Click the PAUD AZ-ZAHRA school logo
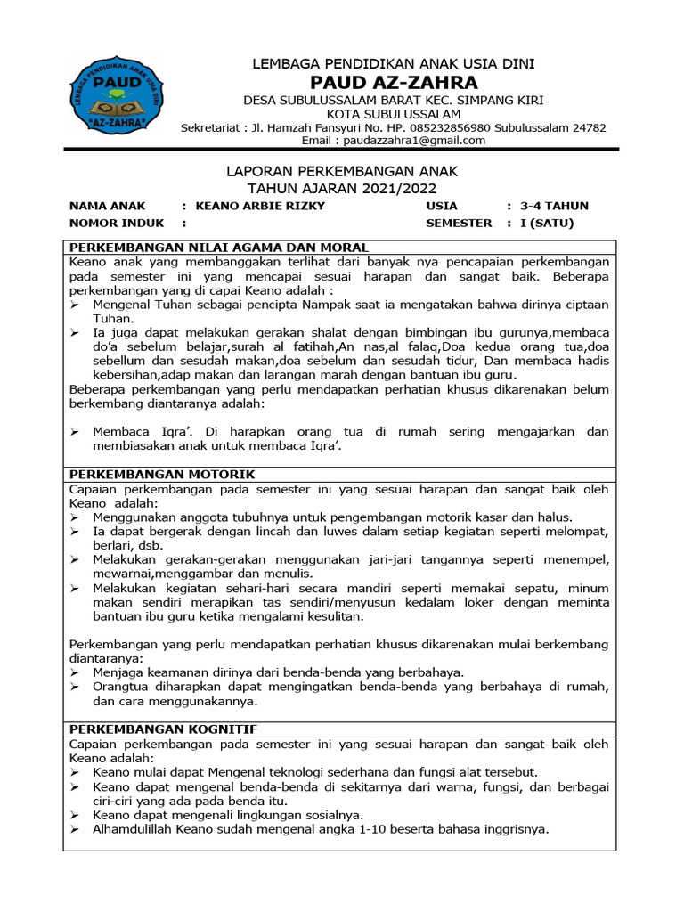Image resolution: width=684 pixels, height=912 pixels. [116, 97]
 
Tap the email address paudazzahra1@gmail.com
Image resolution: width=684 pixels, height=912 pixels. [419, 141]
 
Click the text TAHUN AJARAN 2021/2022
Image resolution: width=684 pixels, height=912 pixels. [342, 188]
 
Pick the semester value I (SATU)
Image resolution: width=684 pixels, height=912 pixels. [547, 223]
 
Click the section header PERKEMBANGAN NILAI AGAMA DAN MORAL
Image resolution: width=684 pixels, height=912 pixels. [219, 248]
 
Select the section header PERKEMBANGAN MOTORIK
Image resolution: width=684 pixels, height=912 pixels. [162, 475]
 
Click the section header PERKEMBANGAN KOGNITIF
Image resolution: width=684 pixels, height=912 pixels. [163, 729]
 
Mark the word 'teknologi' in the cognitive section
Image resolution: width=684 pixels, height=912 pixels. [289, 772]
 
